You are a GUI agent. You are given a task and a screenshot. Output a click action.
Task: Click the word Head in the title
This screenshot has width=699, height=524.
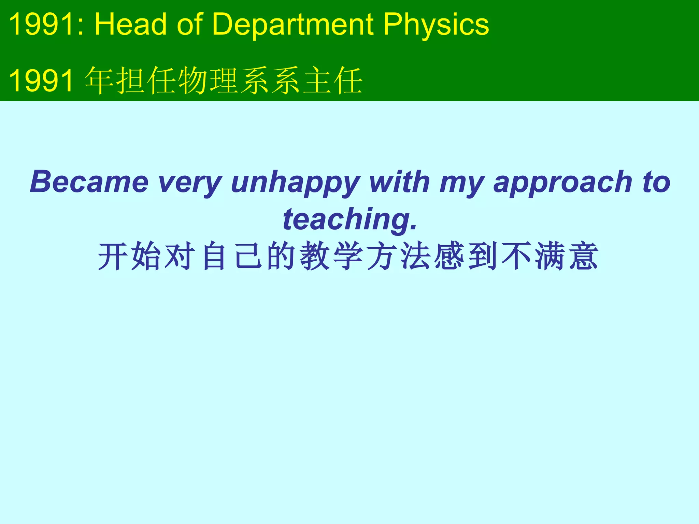tap(130, 25)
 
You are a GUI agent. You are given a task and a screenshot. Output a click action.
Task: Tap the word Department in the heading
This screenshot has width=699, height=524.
tap(293, 25)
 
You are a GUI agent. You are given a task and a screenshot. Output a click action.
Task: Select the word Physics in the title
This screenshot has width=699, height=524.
tap(436, 25)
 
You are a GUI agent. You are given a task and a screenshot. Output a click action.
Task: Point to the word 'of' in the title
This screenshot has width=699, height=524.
tap(190, 25)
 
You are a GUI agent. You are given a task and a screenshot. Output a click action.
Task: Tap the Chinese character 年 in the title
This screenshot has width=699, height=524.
tap(100, 81)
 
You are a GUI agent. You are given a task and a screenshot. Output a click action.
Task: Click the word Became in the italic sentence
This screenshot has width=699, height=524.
tap(89, 182)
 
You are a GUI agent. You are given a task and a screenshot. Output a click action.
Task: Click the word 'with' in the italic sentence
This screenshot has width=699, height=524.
tap(400, 182)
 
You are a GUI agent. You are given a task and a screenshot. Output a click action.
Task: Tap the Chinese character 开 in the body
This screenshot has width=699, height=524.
tap(113, 256)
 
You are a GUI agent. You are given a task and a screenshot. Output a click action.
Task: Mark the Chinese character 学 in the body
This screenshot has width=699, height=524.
tap(348, 256)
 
